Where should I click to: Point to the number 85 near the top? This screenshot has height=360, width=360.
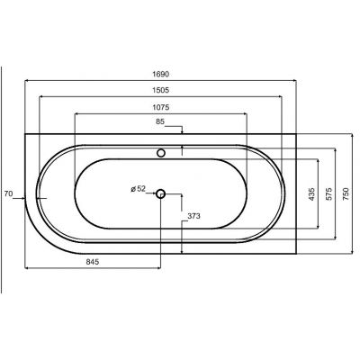tap(160, 121)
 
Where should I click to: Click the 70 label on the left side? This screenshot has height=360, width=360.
tap(8, 193)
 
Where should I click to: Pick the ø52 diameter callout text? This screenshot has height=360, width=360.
tap(138, 189)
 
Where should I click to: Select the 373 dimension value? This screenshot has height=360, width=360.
tap(193, 216)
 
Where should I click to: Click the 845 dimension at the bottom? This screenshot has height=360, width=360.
tap(93, 262)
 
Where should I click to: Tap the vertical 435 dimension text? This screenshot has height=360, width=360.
tap(311, 194)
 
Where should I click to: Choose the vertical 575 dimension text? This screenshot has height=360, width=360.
tap(328, 194)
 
